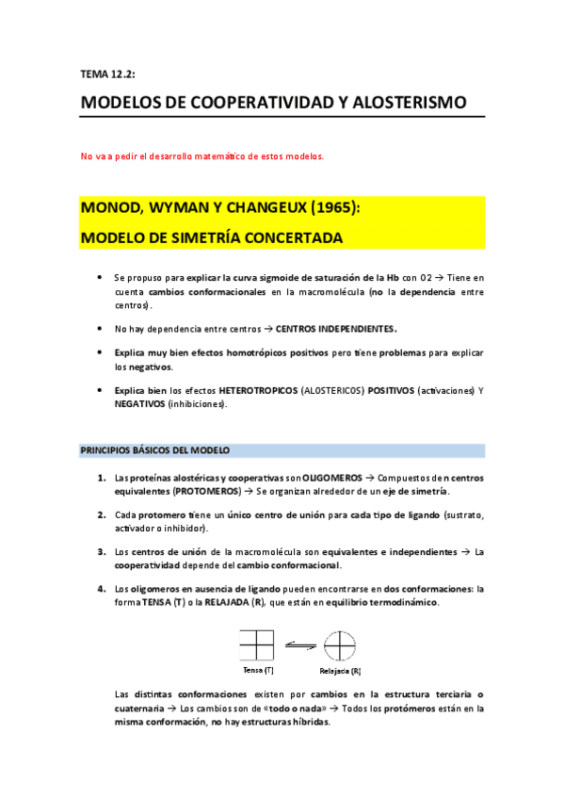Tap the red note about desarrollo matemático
[x=201, y=156]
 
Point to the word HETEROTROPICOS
[x=258, y=389]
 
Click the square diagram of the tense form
[x=257, y=645]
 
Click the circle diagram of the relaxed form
[x=340, y=646]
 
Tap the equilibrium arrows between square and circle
[x=299, y=645]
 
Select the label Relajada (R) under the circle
[x=340, y=671]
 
